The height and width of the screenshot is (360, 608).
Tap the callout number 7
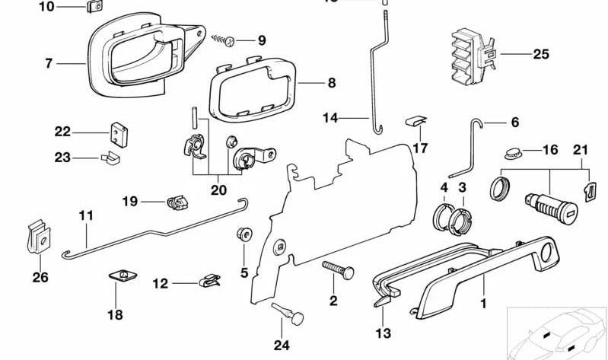pyautogui.click(x=49, y=64)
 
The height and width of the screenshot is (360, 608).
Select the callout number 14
pyautogui.click(x=329, y=118)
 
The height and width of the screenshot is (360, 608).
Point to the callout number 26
pyautogui.click(x=40, y=278)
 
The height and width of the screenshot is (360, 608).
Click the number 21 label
pyautogui.click(x=581, y=151)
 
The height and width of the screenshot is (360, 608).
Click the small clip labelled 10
pyautogui.click(x=95, y=8)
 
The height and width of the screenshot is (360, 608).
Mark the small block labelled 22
pyautogui.click(x=119, y=132)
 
